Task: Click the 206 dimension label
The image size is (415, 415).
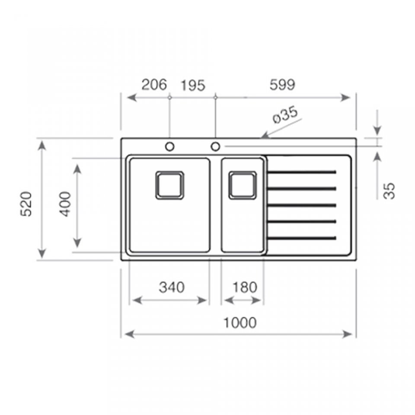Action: click(154, 85)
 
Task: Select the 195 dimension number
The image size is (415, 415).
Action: click(193, 86)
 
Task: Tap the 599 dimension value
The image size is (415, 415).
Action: click(282, 85)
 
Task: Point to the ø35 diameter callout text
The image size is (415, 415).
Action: click(285, 115)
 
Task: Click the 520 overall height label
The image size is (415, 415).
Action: click(26, 204)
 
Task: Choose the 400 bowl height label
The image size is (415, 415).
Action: click(65, 204)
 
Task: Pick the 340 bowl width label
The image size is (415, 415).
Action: click(172, 287)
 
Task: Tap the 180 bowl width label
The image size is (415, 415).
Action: click(245, 287)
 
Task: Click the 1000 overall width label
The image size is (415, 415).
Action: click(240, 322)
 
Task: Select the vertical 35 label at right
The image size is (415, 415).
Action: click(389, 191)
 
